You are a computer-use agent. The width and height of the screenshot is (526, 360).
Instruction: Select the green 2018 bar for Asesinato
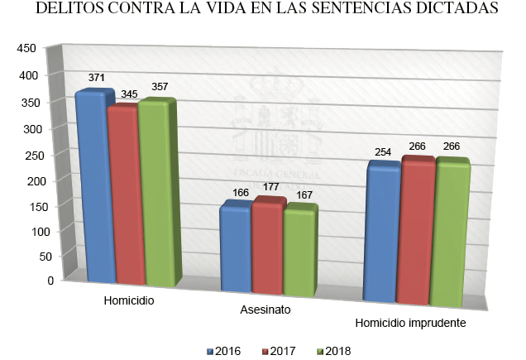coord(299,251)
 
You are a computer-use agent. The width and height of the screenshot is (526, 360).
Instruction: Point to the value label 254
coord(383,152)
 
